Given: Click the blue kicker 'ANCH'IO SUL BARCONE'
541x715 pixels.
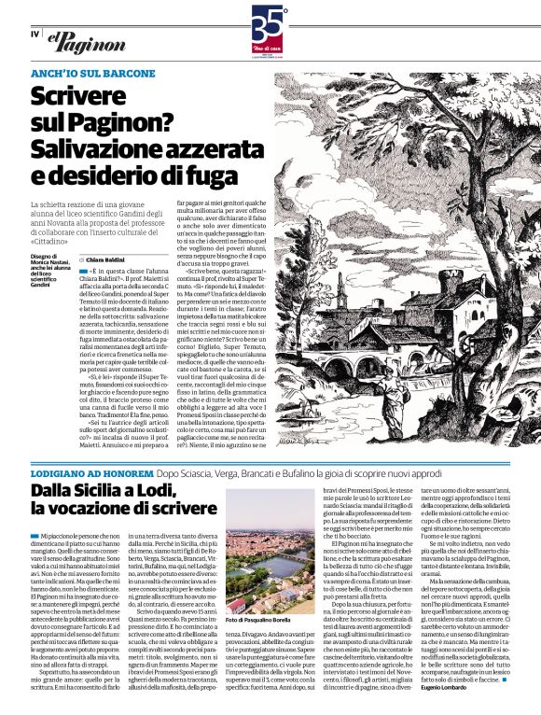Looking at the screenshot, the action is point(93,73).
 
